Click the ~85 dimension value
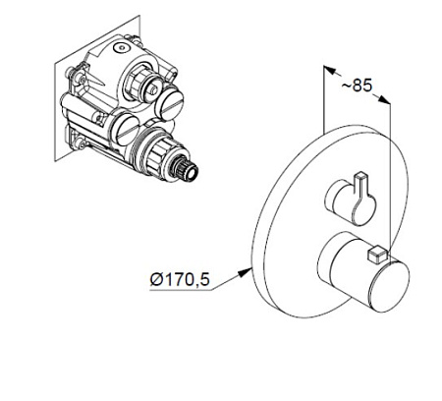click(x=358, y=86)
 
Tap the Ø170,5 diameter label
click(x=180, y=280)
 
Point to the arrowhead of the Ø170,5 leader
click(x=245, y=272)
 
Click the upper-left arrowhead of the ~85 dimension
click(x=330, y=70)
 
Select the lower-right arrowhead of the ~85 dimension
click(x=384, y=99)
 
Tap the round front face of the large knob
click(x=389, y=284)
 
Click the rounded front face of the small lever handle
click(x=364, y=209)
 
